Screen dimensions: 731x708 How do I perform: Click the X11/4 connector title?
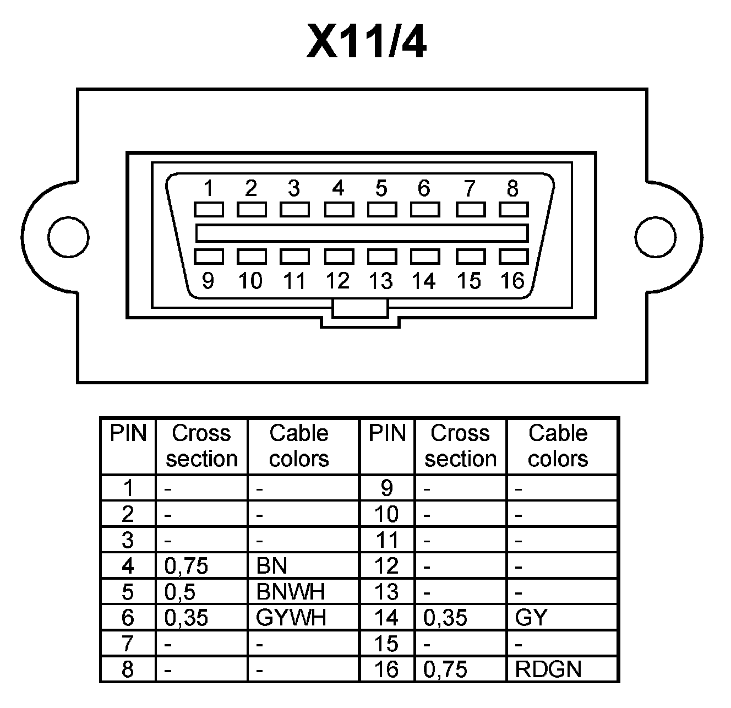click(366, 42)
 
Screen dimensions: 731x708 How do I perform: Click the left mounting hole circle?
click(68, 236)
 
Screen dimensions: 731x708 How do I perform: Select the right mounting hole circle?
click(655, 236)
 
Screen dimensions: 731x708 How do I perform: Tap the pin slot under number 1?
click(209, 209)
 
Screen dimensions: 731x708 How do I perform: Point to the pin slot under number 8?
click(514, 209)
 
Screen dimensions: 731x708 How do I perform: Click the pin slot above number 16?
click(514, 257)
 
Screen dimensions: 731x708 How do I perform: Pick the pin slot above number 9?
click(209, 257)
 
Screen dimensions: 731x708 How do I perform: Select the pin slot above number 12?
click(339, 257)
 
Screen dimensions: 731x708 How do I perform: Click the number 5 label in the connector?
click(381, 188)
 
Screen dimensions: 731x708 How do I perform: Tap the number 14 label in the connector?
click(424, 281)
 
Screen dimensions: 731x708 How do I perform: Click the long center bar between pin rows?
click(362, 233)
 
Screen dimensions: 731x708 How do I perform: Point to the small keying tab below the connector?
click(360, 308)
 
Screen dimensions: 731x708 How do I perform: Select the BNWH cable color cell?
click(291, 592)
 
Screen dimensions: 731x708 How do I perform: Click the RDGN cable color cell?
click(548, 669)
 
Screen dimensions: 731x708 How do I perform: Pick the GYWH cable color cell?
click(291, 618)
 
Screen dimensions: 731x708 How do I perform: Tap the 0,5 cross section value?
click(180, 592)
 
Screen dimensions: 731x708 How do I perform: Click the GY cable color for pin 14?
click(531, 618)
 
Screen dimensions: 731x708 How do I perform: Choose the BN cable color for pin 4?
click(271, 566)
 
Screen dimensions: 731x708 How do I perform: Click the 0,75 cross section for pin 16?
click(445, 669)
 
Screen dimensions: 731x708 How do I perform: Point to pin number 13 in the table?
click(386, 592)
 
